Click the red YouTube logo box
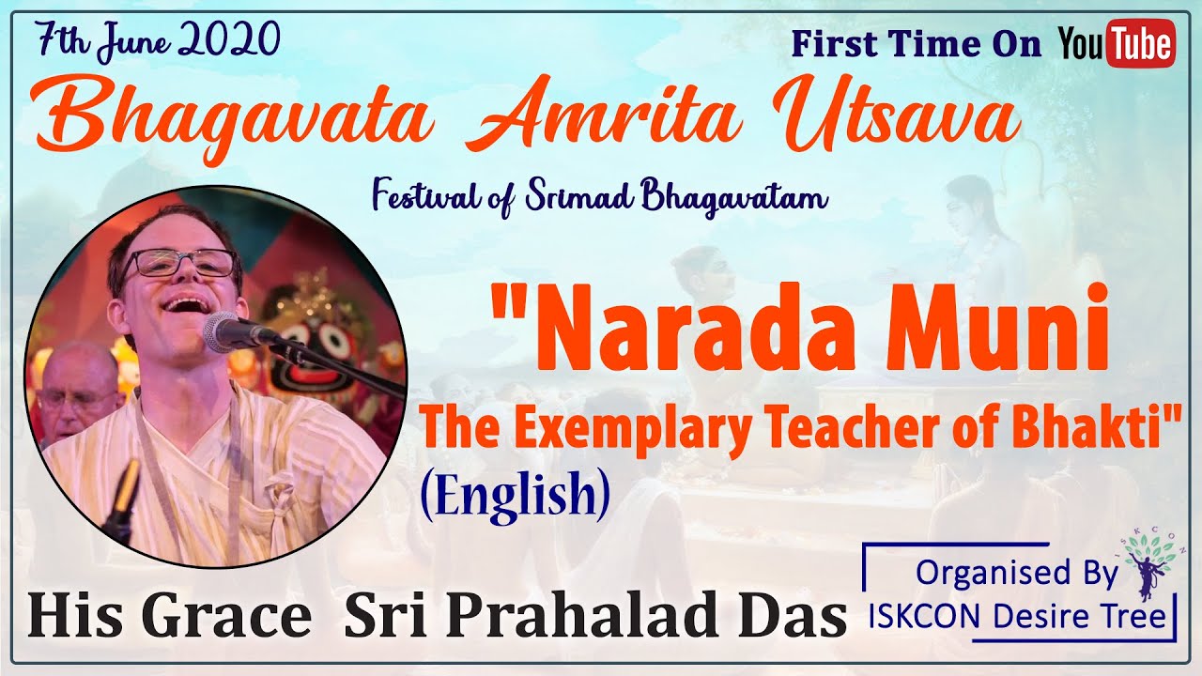tap(1141, 43)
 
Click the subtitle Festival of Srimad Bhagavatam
tap(599, 197)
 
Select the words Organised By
tap(1017, 573)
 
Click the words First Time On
tap(917, 44)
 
